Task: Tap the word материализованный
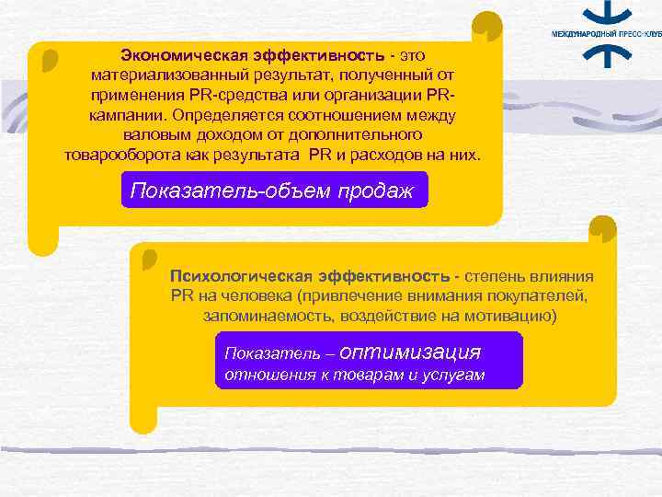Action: pyautogui.click(x=167, y=75)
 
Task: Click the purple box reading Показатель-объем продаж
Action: pyautogui.click(x=272, y=191)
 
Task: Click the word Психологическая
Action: pyautogui.click(x=240, y=276)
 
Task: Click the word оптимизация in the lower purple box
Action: pyautogui.click(x=409, y=352)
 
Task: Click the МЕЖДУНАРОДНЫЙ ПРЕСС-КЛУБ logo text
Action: pyautogui.click(x=605, y=33)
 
